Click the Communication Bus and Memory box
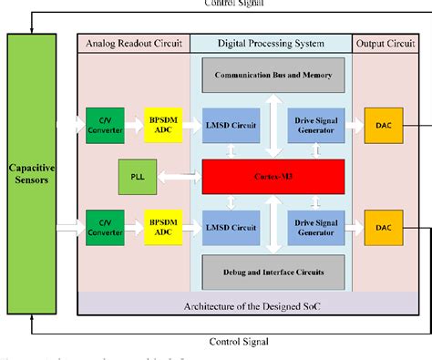(x=273, y=75)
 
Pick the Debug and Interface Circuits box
(x=273, y=271)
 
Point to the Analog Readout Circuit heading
(x=133, y=43)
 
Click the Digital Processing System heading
(x=272, y=43)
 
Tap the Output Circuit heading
(x=381, y=43)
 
